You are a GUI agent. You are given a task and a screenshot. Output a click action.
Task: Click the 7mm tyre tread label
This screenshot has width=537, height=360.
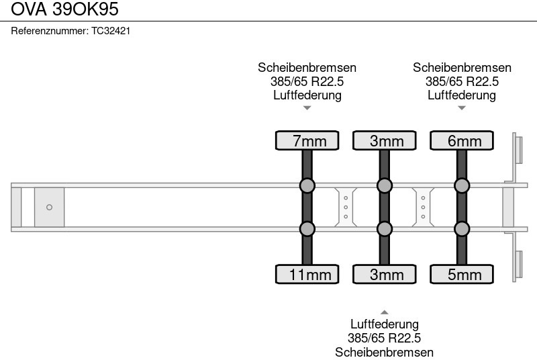[307, 140]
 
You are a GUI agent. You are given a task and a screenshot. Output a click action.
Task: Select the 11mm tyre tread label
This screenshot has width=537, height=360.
[307, 275]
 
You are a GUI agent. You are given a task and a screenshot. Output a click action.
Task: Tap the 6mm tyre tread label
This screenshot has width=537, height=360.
[461, 140]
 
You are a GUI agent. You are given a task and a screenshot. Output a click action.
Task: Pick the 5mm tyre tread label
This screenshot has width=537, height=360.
[461, 275]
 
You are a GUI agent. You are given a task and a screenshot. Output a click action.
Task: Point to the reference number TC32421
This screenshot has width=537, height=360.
[111, 31]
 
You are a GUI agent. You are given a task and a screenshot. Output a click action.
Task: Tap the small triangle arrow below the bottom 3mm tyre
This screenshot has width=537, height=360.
[384, 312]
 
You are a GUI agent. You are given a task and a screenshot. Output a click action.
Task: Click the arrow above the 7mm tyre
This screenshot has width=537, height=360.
[307, 107]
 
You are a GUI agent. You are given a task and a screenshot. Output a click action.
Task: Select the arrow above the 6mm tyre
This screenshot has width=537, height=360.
[461, 107]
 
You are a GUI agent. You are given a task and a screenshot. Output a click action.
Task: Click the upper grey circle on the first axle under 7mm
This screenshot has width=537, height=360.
[307, 185]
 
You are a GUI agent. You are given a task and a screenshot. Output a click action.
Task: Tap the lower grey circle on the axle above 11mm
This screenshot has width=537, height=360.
[307, 229]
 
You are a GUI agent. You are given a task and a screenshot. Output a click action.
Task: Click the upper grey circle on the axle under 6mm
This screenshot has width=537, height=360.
[461, 185]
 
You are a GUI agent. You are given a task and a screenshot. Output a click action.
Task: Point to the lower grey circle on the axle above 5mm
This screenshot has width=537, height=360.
[461, 229]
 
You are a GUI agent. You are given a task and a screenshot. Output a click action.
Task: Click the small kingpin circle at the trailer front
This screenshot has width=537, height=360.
[49, 208]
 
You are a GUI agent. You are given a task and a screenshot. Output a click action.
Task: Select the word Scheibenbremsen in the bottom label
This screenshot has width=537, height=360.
[384, 352]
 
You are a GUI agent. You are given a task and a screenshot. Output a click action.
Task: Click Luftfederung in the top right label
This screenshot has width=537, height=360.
[461, 95]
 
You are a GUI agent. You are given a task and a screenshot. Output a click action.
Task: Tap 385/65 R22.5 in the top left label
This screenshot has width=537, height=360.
[307, 81]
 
